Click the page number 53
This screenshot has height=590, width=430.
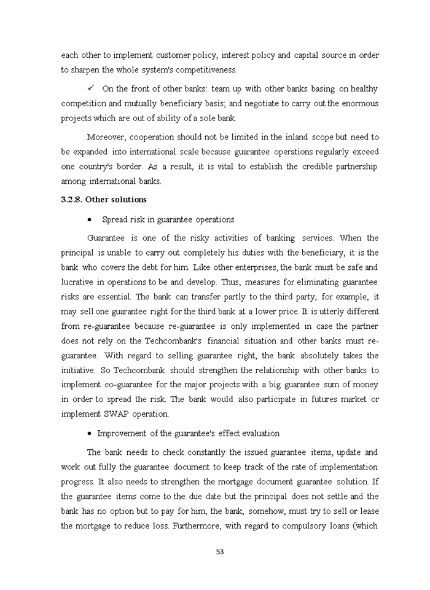pyautogui.click(x=220, y=551)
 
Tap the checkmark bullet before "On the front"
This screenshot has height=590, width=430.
pyautogui.click(x=90, y=88)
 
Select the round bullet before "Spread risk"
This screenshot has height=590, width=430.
pyautogui.click(x=90, y=219)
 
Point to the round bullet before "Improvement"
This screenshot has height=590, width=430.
pyautogui.click(x=90, y=433)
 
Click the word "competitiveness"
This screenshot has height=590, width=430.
pyautogui.click(x=206, y=70)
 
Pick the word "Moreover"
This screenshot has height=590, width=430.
pyautogui.click(x=107, y=136)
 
